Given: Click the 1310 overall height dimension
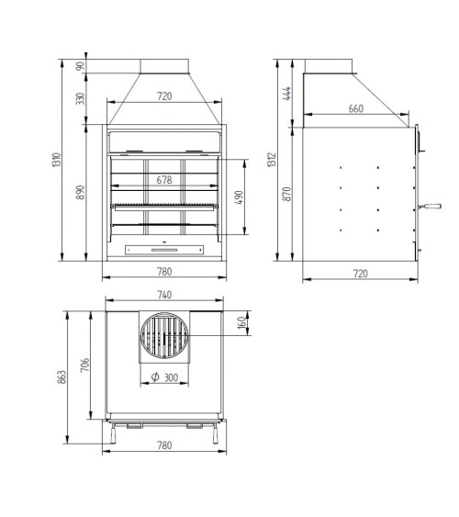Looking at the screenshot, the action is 57,160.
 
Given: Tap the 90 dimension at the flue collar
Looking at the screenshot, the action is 80,66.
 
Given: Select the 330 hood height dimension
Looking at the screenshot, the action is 80,98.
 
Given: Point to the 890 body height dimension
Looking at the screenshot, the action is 80,192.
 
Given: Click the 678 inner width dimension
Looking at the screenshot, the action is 164,180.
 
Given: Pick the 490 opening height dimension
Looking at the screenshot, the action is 239,197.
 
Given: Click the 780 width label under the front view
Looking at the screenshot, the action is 164,272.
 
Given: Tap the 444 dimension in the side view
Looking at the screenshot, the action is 286,94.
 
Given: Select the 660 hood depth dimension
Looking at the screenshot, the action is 356,108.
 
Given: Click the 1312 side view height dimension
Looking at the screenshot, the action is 272,160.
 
